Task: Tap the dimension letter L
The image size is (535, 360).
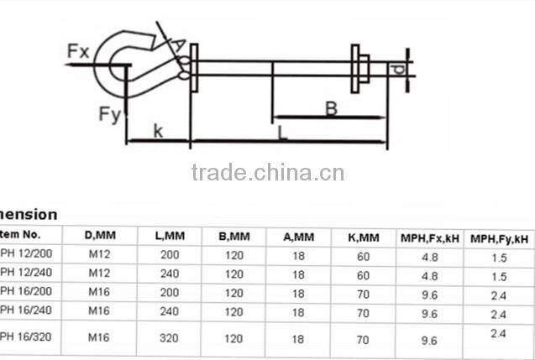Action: click(x=283, y=132)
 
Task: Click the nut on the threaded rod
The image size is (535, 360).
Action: click(x=359, y=67)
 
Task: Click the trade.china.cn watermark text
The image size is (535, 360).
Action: click(x=267, y=174)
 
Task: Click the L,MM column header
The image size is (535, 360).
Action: click(x=170, y=237)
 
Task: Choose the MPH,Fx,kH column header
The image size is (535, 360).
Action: click(x=429, y=238)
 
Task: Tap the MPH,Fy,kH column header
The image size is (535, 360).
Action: click(x=499, y=238)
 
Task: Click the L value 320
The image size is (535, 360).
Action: click(x=170, y=340)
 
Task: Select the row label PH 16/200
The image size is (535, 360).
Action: click(x=20, y=293)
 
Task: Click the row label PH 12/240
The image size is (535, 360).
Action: click(x=20, y=273)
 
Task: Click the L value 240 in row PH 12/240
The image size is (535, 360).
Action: click(x=170, y=273)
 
